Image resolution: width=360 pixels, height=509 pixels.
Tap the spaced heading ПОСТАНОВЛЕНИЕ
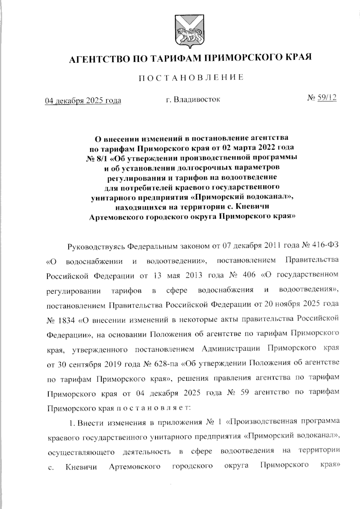(191, 78)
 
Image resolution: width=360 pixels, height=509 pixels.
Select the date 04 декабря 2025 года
(83, 100)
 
